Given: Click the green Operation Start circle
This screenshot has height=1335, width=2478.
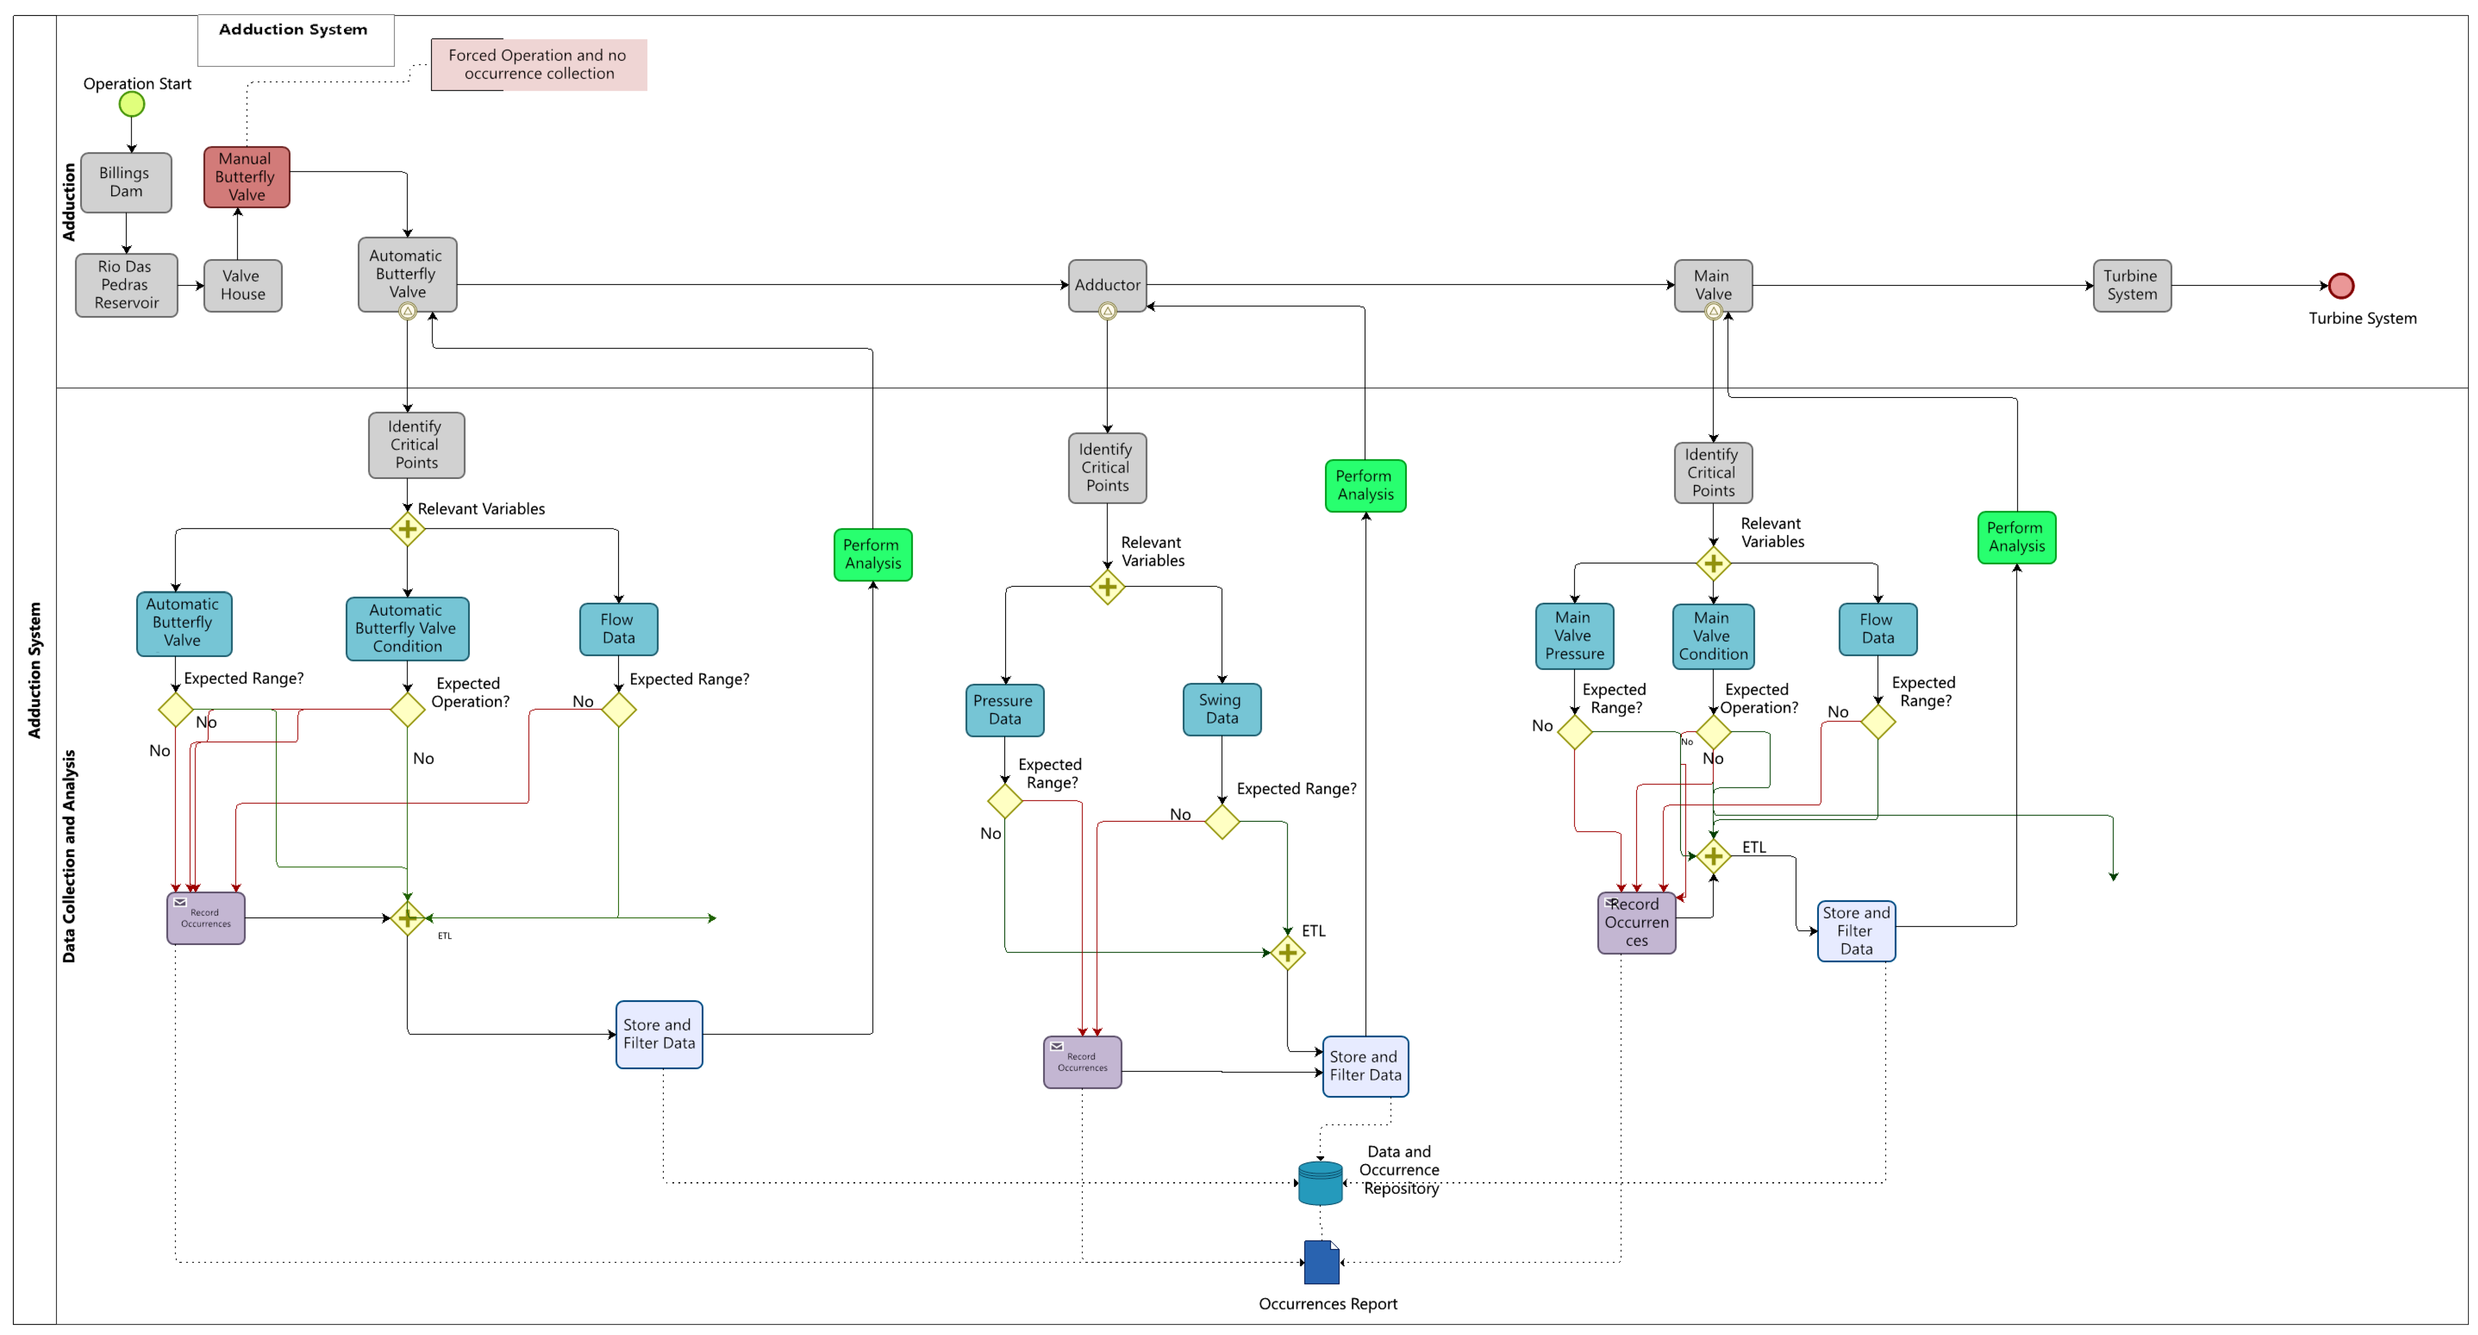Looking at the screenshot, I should [132, 104].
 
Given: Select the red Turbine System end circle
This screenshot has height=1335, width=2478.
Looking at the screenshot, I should [2340, 285].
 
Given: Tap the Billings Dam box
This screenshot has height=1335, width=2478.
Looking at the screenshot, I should [126, 182].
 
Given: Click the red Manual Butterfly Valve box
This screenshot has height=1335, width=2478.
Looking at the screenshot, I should [246, 177].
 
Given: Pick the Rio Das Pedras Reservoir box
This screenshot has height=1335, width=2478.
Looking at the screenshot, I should [126, 285].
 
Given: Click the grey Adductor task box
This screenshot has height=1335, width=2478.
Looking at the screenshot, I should [1107, 285].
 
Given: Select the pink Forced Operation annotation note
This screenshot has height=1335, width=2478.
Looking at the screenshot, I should [539, 64].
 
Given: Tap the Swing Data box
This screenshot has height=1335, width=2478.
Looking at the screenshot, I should [1222, 709].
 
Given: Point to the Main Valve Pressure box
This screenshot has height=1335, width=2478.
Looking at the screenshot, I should [1574, 636].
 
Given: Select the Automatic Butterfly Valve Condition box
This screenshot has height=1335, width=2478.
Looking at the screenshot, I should [407, 628].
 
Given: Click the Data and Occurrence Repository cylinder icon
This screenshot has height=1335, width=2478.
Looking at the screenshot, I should [1320, 1183].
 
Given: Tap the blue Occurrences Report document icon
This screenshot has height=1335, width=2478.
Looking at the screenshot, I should [1321, 1262].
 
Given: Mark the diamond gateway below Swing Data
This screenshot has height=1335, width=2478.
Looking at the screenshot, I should [1222, 821].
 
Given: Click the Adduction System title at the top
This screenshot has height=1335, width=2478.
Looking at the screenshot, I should [293, 30].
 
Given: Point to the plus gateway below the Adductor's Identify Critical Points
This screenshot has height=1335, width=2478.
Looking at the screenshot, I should [1107, 587].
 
